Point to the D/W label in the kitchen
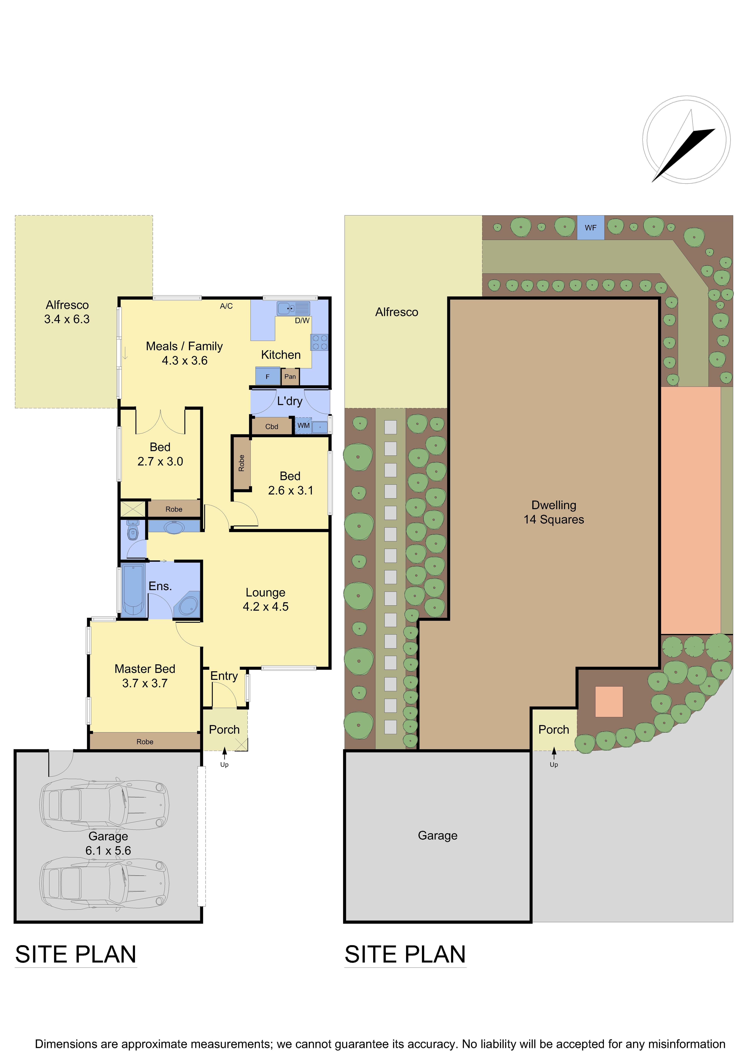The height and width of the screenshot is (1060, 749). (x=302, y=320)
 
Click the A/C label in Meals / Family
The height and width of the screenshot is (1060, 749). (x=226, y=306)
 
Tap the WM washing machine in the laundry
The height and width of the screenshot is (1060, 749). (x=304, y=426)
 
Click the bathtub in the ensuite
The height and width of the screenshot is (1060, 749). (x=133, y=590)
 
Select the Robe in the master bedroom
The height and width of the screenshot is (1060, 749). (x=145, y=742)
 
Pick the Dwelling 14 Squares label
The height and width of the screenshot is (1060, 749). (x=554, y=512)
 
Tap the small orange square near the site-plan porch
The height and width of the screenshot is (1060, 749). (x=609, y=702)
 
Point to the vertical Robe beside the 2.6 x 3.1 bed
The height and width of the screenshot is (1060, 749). (x=241, y=463)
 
